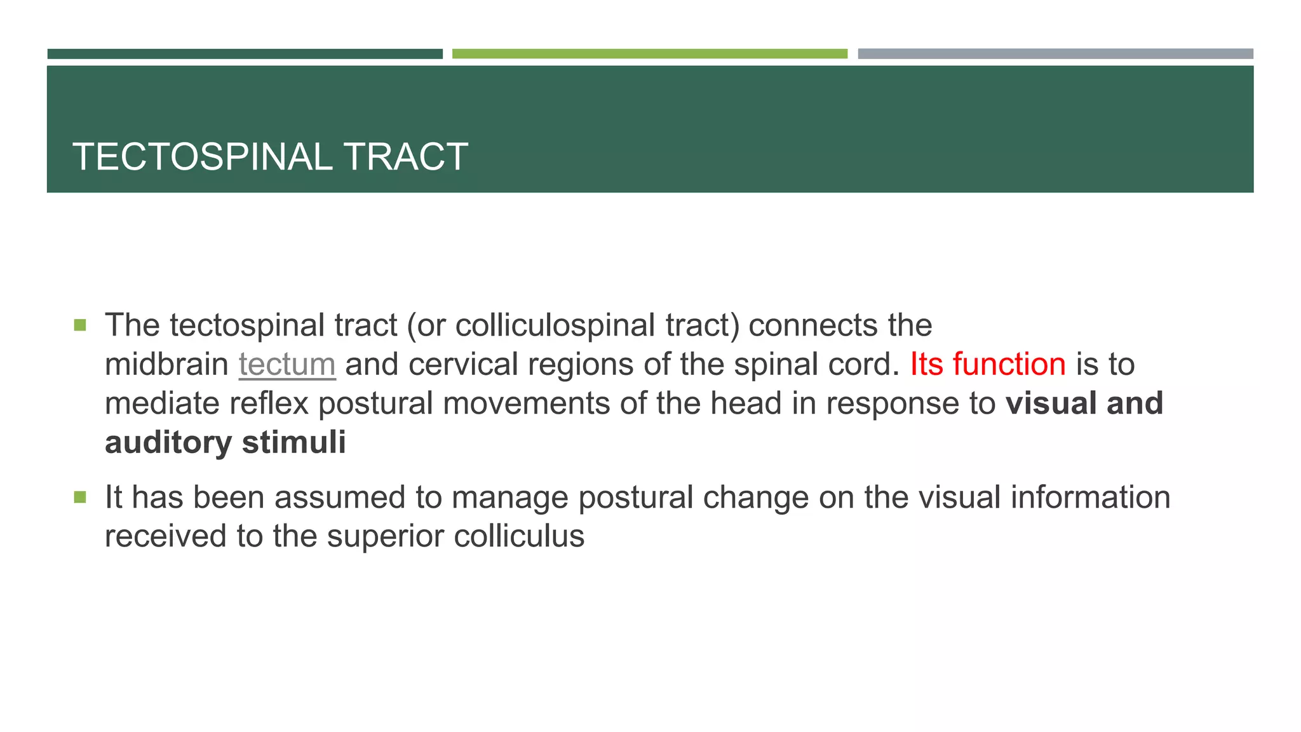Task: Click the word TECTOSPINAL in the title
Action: pyautogui.click(x=202, y=157)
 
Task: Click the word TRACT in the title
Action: pyautogui.click(x=405, y=157)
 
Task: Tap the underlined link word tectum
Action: pyautogui.click(x=287, y=365)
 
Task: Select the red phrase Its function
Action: pyautogui.click(x=988, y=365)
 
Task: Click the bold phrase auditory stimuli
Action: pyautogui.click(x=226, y=442)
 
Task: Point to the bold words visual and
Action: pyautogui.click(x=1084, y=403)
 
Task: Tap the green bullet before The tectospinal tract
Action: pyautogui.click(x=80, y=325)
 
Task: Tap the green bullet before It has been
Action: pyautogui.click(x=80, y=497)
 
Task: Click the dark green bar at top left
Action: pyautogui.click(x=245, y=54)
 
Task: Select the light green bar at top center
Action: pyautogui.click(x=649, y=54)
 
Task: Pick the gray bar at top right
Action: pyautogui.click(x=1055, y=54)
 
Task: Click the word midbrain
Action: pyautogui.click(x=166, y=365)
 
